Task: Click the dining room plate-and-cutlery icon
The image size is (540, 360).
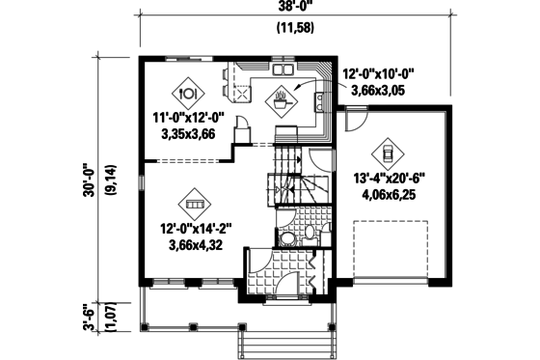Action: (188, 93)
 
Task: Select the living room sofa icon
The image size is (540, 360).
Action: (193, 205)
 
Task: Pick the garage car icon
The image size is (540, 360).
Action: (385, 154)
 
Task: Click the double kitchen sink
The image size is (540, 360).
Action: (283, 69)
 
